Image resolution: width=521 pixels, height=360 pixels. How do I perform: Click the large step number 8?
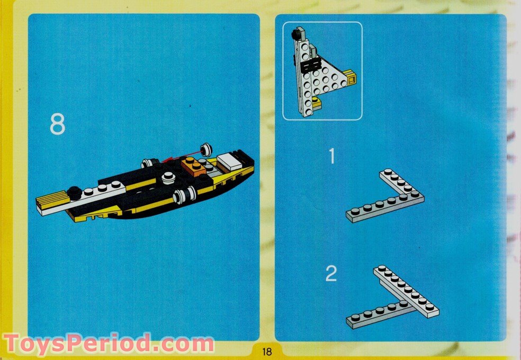click(57, 124)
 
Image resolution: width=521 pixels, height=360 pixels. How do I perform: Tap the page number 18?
click(266, 352)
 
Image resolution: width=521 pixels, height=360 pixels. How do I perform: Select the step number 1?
click(332, 157)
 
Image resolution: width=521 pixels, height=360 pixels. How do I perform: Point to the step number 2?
click(331, 274)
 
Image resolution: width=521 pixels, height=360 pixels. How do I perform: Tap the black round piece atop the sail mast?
click(294, 37)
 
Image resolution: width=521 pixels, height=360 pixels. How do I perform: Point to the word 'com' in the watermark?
click(187, 344)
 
